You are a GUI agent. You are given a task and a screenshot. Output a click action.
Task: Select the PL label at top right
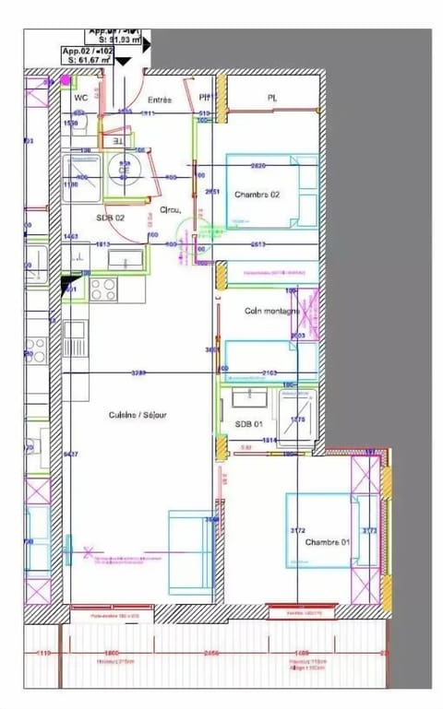[x=272, y=97]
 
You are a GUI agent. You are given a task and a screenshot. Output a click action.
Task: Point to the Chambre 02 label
[x=257, y=195]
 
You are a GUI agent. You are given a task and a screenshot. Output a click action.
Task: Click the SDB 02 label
[x=111, y=218]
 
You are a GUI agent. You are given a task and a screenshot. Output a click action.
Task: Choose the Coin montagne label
[x=271, y=312]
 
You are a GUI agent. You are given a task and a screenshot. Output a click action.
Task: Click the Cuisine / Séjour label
[x=138, y=415]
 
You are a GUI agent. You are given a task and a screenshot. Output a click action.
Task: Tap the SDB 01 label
[x=249, y=423]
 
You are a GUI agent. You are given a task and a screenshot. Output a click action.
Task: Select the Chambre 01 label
[x=329, y=541]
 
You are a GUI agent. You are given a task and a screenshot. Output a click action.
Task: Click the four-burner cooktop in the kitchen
[x=102, y=290]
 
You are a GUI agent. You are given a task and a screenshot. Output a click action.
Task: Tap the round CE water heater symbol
[x=123, y=171]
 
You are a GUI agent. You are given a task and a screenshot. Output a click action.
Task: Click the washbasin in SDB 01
[x=247, y=398]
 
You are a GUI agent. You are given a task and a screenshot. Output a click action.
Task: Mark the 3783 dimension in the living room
[x=138, y=372]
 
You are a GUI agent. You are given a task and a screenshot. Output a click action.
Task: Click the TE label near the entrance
[x=117, y=142]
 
